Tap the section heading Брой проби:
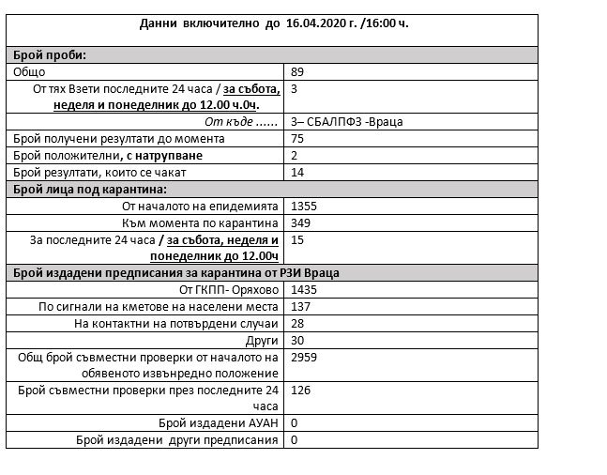tap(48, 55)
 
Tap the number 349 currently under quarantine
tap(303, 222)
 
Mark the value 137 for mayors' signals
tap(302, 307)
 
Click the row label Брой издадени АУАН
tap(220, 422)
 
